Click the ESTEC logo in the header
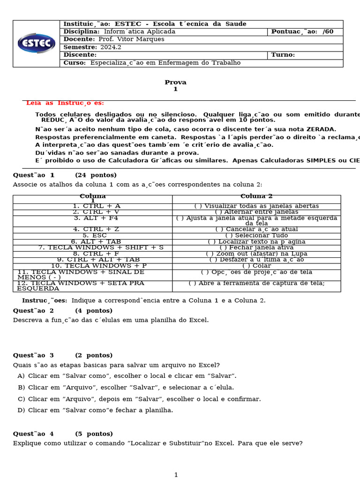click(x=37, y=43)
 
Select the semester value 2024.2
click(x=111, y=47)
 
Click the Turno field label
click(x=283, y=55)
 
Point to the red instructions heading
click(x=65, y=103)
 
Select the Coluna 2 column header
click(x=256, y=196)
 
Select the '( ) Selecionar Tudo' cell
click(x=256, y=235)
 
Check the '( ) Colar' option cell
click(x=256, y=265)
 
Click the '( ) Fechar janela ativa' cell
click(x=256, y=247)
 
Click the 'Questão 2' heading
click(x=33, y=311)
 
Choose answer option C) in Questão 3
click(x=139, y=399)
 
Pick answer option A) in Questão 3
click(x=127, y=376)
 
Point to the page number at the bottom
click(x=176, y=475)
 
